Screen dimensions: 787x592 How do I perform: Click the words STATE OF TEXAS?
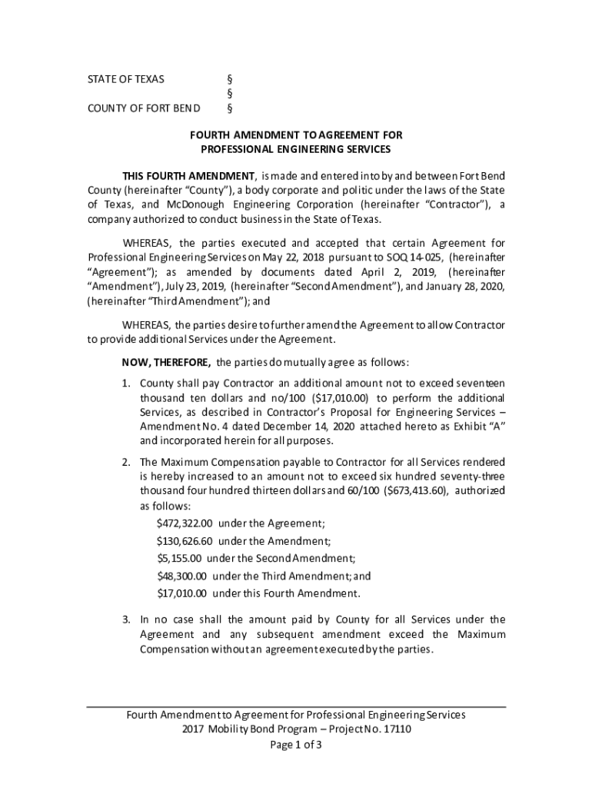[125, 79]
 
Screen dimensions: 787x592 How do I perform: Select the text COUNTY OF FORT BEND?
[144, 108]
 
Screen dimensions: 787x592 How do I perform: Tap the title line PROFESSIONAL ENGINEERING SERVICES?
[296, 149]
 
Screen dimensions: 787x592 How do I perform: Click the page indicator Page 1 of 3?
[296, 745]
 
